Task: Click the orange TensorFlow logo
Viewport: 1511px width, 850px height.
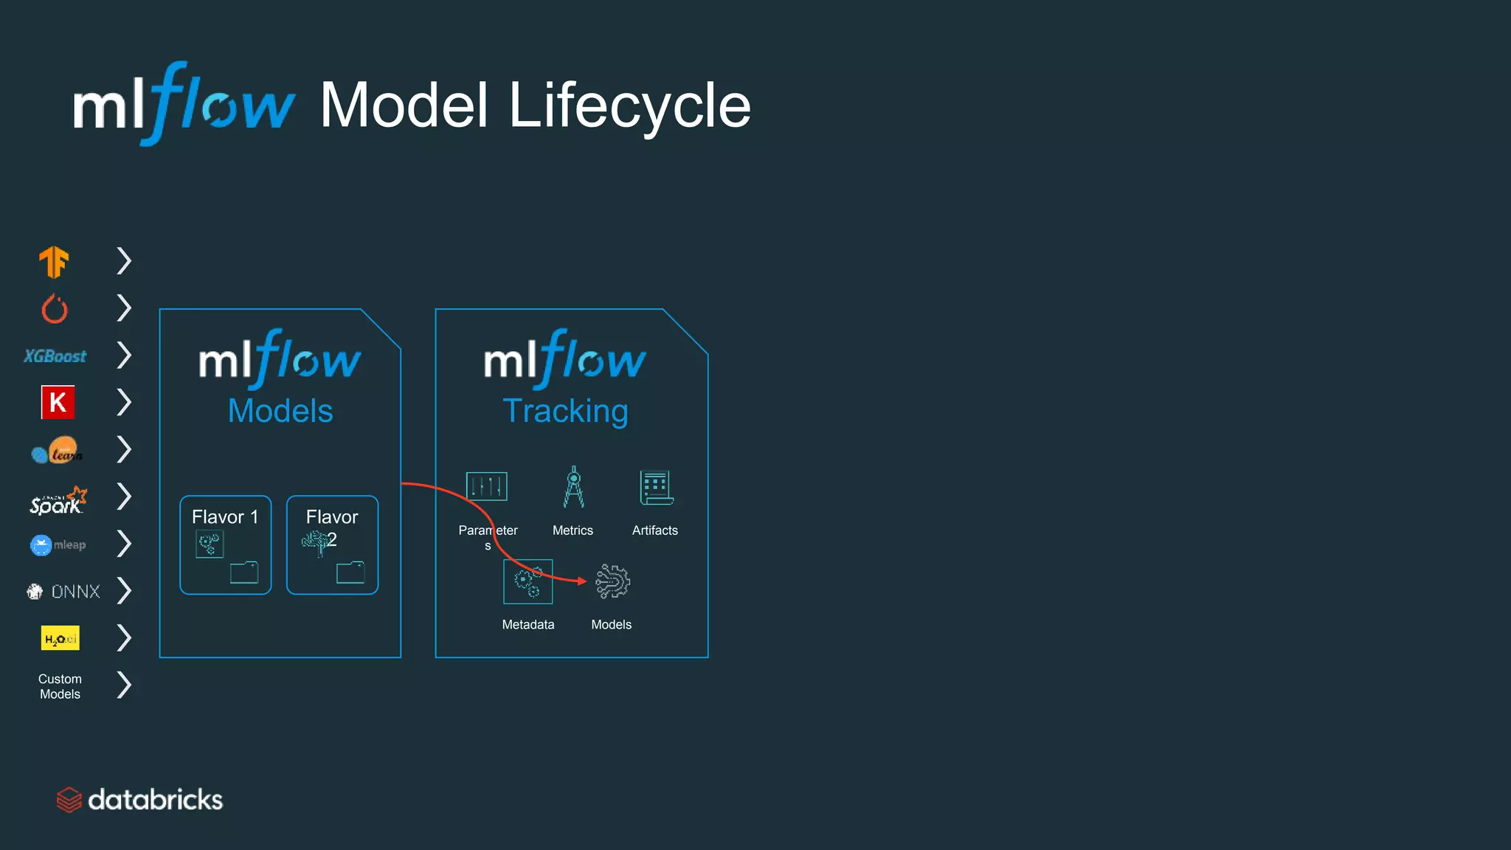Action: click(54, 262)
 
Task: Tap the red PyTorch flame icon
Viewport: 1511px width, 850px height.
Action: click(55, 309)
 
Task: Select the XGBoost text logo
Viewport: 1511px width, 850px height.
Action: click(55, 356)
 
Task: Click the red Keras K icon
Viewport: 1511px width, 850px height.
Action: click(58, 402)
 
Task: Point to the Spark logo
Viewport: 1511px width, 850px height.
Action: click(58, 501)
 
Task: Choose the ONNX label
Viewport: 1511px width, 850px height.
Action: click(75, 592)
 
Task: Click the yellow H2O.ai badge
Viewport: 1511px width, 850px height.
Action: click(60, 638)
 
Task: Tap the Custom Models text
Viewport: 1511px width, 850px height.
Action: click(60, 686)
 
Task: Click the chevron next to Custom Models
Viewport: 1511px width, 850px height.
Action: click(124, 685)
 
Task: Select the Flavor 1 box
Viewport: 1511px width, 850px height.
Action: click(226, 545)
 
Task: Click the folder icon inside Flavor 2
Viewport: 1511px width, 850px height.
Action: click(350, 573)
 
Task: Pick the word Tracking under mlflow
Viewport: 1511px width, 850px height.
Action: click(565, 411)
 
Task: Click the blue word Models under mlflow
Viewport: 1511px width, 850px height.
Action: click(280, 411)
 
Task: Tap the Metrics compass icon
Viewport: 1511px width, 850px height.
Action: click(573, 487)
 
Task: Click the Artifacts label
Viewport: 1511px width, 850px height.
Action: click(654, 531)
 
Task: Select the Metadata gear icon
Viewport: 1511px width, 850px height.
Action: click(528, 581)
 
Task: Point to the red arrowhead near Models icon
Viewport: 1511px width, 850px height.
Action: click(582, 581)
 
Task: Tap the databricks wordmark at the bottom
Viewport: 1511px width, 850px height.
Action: click(155, 800)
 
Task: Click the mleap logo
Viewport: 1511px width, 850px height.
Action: click(58, 545)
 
